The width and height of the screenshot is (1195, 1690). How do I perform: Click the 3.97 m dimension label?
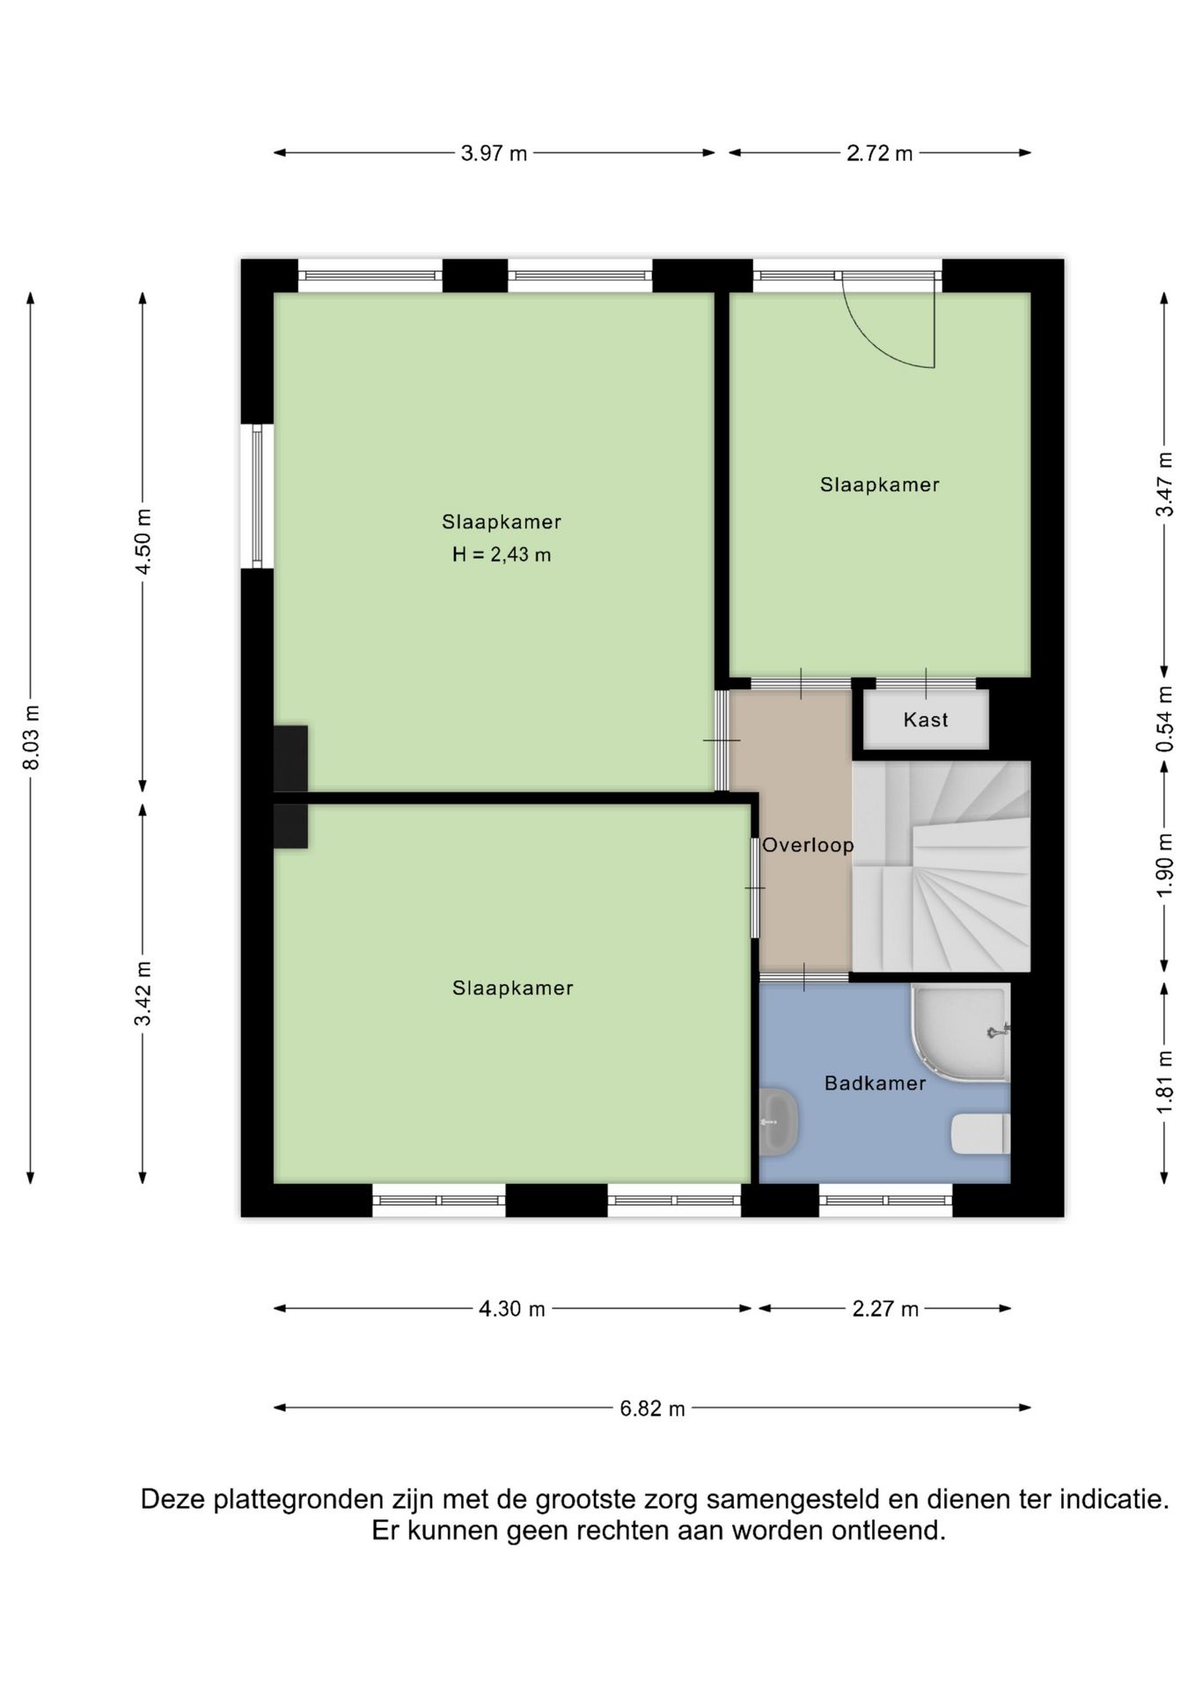pos(494,153)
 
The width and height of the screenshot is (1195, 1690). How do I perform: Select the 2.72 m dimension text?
pos(879,153)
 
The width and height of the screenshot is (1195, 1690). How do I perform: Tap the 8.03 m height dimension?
pos(32,738)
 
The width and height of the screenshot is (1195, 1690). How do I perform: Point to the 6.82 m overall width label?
pos(652,1408)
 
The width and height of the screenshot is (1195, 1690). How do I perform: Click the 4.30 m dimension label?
pos(511,1309)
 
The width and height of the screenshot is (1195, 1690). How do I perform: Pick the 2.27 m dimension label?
pos(885,1309)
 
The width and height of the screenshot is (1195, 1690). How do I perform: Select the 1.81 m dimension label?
pos(1165,1082)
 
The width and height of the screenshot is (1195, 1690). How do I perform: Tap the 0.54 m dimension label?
pos(1165,719)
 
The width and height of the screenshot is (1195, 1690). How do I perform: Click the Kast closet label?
pos(926,720)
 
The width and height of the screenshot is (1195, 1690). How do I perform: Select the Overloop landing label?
pos(808,845)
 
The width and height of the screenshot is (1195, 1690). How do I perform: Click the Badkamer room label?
pos(875,1084)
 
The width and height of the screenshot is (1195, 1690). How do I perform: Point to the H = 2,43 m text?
pos(502,555)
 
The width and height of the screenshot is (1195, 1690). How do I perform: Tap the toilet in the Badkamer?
pos(980,1134)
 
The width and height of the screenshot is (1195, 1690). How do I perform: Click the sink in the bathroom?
pos(778,1122)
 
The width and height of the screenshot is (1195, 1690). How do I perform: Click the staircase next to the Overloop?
pos(941,866)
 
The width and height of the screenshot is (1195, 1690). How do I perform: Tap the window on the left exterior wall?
pos(257,496)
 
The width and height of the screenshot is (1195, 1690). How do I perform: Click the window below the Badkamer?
pos(885,1201)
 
